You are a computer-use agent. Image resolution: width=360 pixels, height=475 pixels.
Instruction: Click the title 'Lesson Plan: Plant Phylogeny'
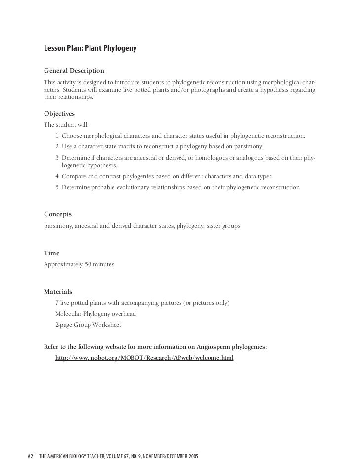90,48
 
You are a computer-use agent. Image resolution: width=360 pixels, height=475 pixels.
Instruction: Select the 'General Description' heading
74,71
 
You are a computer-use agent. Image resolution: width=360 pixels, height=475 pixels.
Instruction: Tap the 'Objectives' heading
59,113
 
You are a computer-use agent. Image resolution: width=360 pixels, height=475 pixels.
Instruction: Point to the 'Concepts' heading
58,214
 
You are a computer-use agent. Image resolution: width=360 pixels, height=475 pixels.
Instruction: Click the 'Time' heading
51,253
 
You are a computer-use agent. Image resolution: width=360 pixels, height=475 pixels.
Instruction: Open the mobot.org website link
144,357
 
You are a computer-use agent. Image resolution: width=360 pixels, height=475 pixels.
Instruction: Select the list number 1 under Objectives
57,136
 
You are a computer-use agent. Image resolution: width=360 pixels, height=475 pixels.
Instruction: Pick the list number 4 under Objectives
57,176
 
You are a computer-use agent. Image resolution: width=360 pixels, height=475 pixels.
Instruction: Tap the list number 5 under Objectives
57,188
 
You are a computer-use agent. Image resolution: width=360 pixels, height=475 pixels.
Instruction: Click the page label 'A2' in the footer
30,455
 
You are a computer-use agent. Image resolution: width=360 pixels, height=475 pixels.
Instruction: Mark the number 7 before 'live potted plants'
57,303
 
